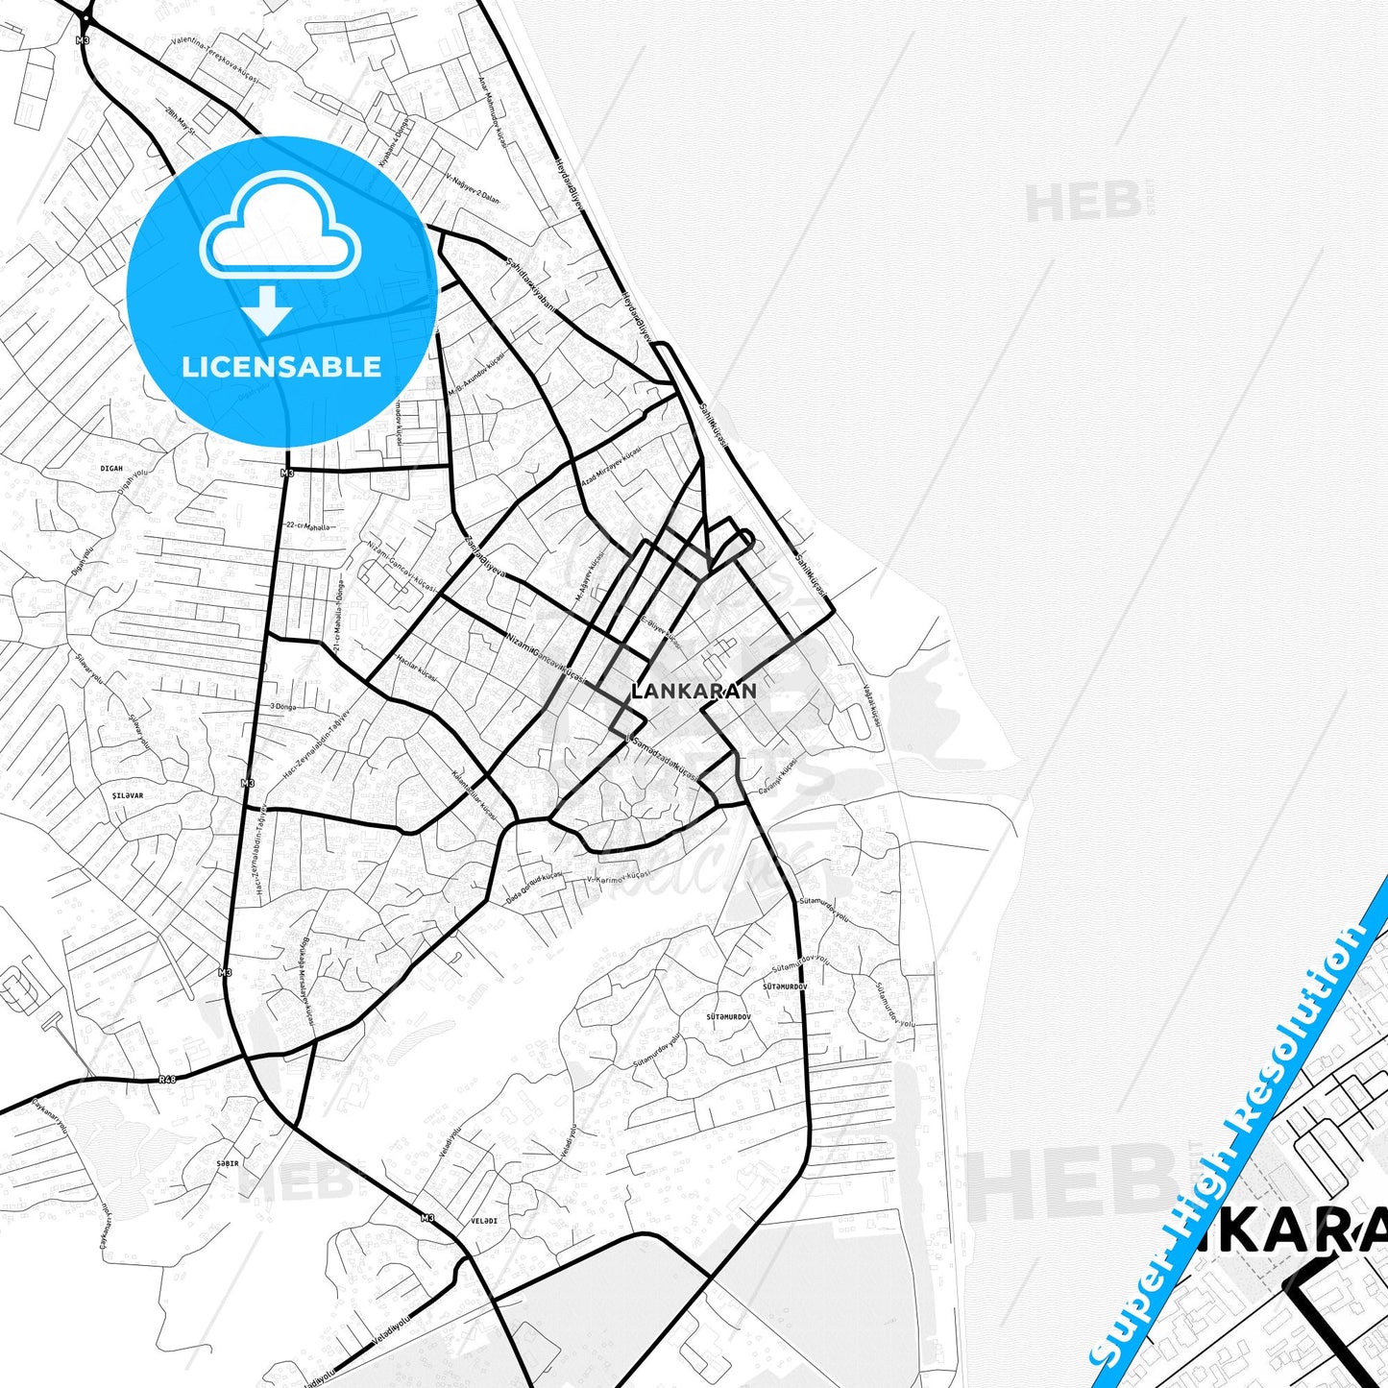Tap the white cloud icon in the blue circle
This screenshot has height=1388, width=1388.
280,228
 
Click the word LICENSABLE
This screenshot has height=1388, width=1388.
281,367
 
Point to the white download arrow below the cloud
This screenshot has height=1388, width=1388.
268,310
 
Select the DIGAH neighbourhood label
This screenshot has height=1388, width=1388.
111,469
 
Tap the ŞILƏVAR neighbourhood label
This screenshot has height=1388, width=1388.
127,795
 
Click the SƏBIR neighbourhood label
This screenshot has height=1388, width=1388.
227,1162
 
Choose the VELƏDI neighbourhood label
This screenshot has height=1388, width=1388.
484,1221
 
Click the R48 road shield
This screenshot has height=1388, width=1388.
168,1079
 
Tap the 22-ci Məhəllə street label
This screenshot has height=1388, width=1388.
307,525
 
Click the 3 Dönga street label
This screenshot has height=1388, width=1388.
282,706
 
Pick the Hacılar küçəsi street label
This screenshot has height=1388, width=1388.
416,670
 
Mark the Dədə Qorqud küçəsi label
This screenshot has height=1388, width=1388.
534,889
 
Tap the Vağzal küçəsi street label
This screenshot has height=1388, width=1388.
871,706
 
